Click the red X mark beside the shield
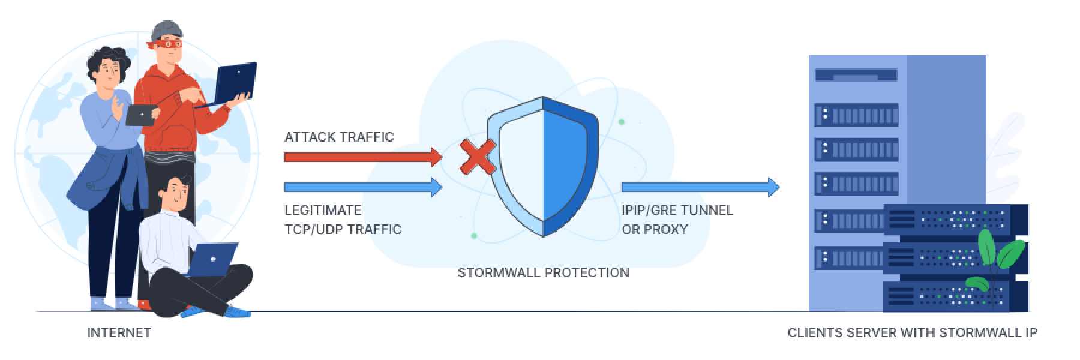coord(478,157)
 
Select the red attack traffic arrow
coord(362,157)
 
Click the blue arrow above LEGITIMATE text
coord(362,187)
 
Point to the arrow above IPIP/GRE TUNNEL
coord(700,187)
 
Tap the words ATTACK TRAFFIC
coord(339,137)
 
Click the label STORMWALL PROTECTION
coord(543,272)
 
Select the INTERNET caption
coord(119,332)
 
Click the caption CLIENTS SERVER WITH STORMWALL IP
coord(912,332)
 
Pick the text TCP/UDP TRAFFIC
coord(343,229)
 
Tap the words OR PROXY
coord(655,229)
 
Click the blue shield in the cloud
coord(543,166)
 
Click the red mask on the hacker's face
coord(168,43)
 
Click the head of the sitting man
coord(178,191)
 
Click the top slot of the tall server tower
coord(856,76)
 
